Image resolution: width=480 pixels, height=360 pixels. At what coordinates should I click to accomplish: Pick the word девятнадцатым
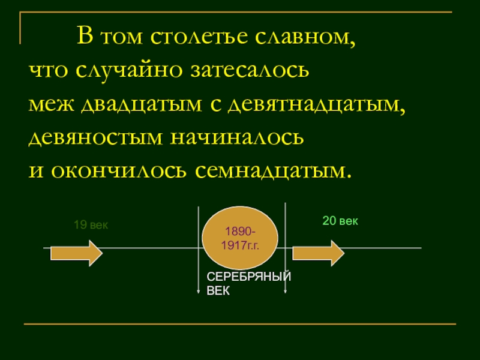pyautogui.click(x=314, y=105)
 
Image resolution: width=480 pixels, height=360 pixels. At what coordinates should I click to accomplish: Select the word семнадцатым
pyautogui.click(x=270, y=171)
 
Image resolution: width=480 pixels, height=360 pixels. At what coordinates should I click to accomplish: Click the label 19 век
pyautogui.click(x=91, y=226)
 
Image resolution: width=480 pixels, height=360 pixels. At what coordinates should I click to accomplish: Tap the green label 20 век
pyautogui.click(x=340, y=221)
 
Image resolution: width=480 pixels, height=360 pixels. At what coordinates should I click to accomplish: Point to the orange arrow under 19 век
pyautogui.click(x=76, y=253)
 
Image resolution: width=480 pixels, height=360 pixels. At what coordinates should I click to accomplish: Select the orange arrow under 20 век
pyautogui.click(x=318, y=253)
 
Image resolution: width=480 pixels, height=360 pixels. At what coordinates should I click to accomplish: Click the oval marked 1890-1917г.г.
pyautogui.click(x=240, y=239)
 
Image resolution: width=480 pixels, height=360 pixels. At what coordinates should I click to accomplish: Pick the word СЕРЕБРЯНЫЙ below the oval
pyautogui.click(x=248, y=277)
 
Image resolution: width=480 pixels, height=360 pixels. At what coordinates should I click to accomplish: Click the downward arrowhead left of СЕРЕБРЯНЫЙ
pyautogui.click(x=199, y=292)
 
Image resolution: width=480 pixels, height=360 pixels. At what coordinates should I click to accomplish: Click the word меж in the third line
pyautogui.click(x=53, y=105)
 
